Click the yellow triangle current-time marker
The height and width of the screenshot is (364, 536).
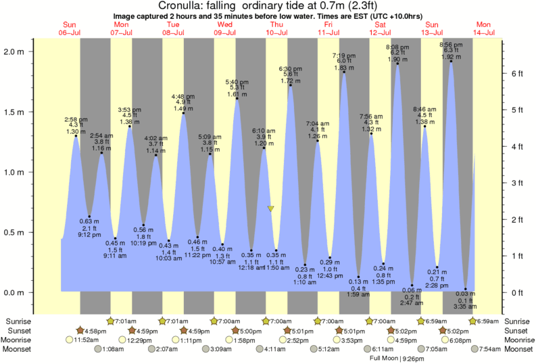click(x=270, y=209)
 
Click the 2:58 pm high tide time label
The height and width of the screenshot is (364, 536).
click(x=76, y=119)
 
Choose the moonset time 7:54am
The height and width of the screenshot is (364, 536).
click(x=485, y=349)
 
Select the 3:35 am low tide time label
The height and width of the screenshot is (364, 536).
click(x=465, y=306)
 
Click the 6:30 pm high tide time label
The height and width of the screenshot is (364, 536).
click(x=290, y=68)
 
